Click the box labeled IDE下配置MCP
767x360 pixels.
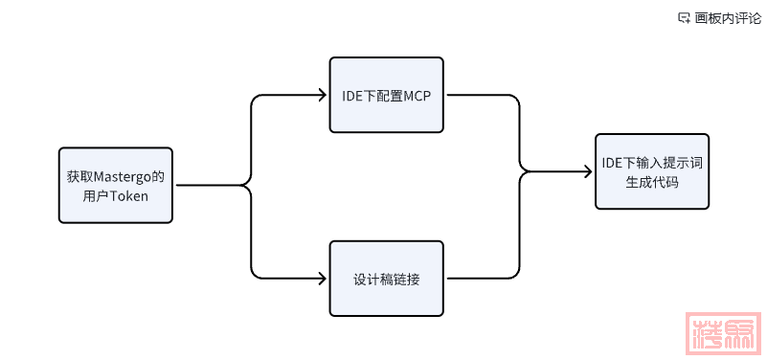point(387,95)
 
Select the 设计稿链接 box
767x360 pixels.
point(387,279)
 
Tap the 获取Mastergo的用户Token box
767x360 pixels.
point(115,185)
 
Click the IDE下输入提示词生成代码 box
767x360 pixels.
point(652,171)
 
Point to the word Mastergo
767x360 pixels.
point(124,176)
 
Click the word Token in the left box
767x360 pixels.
point(128,194)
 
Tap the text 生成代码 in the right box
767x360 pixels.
point(652,181)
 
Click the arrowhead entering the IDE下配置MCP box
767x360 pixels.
point(323,95)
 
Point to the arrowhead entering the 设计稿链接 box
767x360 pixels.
point(323,279)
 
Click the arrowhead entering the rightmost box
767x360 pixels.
point(589,172)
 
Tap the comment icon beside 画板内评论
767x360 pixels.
point(684,17)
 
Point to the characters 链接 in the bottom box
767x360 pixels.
point(407,279)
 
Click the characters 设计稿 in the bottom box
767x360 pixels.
point(373,279)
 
